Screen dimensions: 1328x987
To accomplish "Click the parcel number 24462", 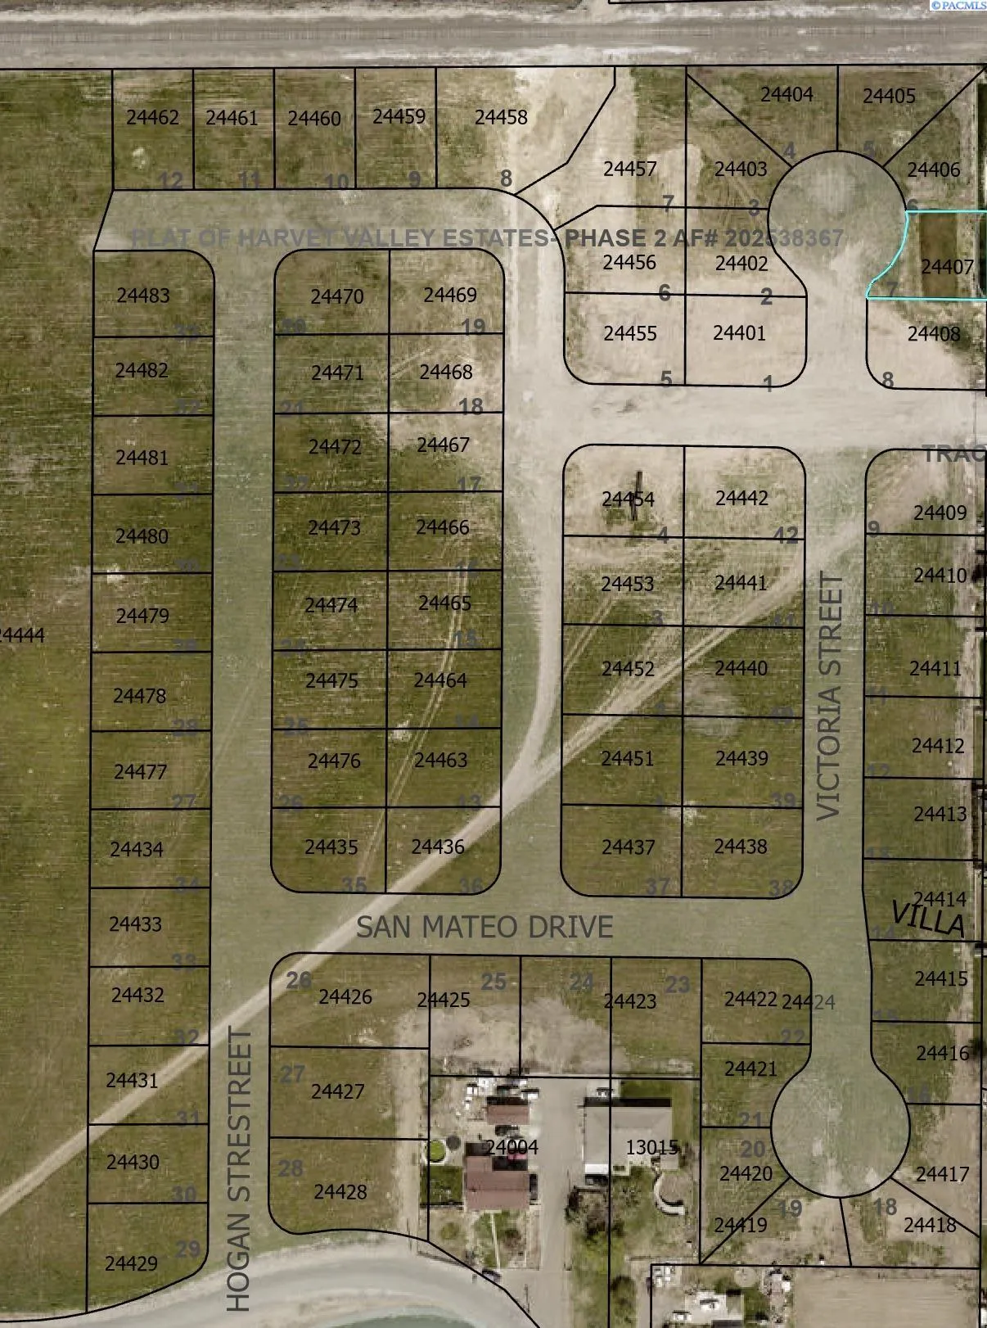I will pos(152,118).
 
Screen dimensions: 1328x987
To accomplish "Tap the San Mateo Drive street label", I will pos(484,927).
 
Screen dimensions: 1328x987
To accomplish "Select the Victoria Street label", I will pos(829,696).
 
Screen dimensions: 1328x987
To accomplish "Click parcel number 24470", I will pos(337,296).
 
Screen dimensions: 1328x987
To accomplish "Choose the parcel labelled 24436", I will pos(438,847).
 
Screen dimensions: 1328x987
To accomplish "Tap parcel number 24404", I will pos(786,95).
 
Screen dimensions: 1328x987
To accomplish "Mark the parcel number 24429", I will pos(131,1263).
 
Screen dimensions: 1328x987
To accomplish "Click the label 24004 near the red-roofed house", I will pos(512,1147).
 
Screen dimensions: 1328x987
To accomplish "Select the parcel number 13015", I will pos(652,1148).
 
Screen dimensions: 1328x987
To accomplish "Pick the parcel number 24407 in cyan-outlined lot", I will pos(947,267).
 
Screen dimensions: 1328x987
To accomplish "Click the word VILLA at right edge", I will pos(927,919).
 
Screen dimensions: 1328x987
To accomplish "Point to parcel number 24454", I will pos(628,499).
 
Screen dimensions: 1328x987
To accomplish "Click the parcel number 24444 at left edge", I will pos(22,635).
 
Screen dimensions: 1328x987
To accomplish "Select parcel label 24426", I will pos(345,997).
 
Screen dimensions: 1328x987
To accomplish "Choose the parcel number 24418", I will pos(930,1225).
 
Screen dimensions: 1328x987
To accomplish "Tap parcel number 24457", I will pos(630,169).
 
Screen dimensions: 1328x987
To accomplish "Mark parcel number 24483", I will pos(143,296).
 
